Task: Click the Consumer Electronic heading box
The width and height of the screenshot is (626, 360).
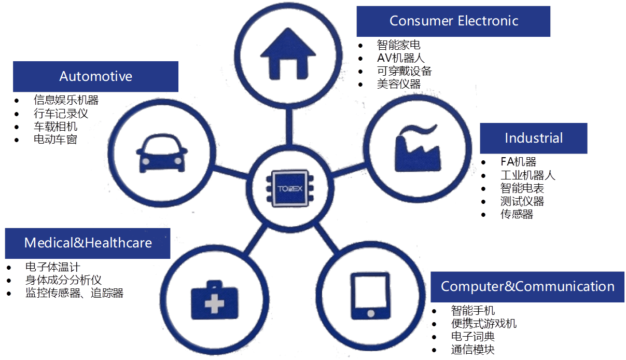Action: pos(453,21)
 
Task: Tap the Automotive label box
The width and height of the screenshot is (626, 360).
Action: pos(95,76)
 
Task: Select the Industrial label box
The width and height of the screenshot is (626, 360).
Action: pos(533,138)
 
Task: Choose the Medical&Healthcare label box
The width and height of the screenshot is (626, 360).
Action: pos(88,243)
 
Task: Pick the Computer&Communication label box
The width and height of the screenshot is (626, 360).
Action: pos(527,286)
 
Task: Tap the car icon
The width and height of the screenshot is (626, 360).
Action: pos(162,154)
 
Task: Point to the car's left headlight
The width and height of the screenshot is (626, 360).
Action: pos(146,162)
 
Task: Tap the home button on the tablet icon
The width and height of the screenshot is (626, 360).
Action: pos(370,313)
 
